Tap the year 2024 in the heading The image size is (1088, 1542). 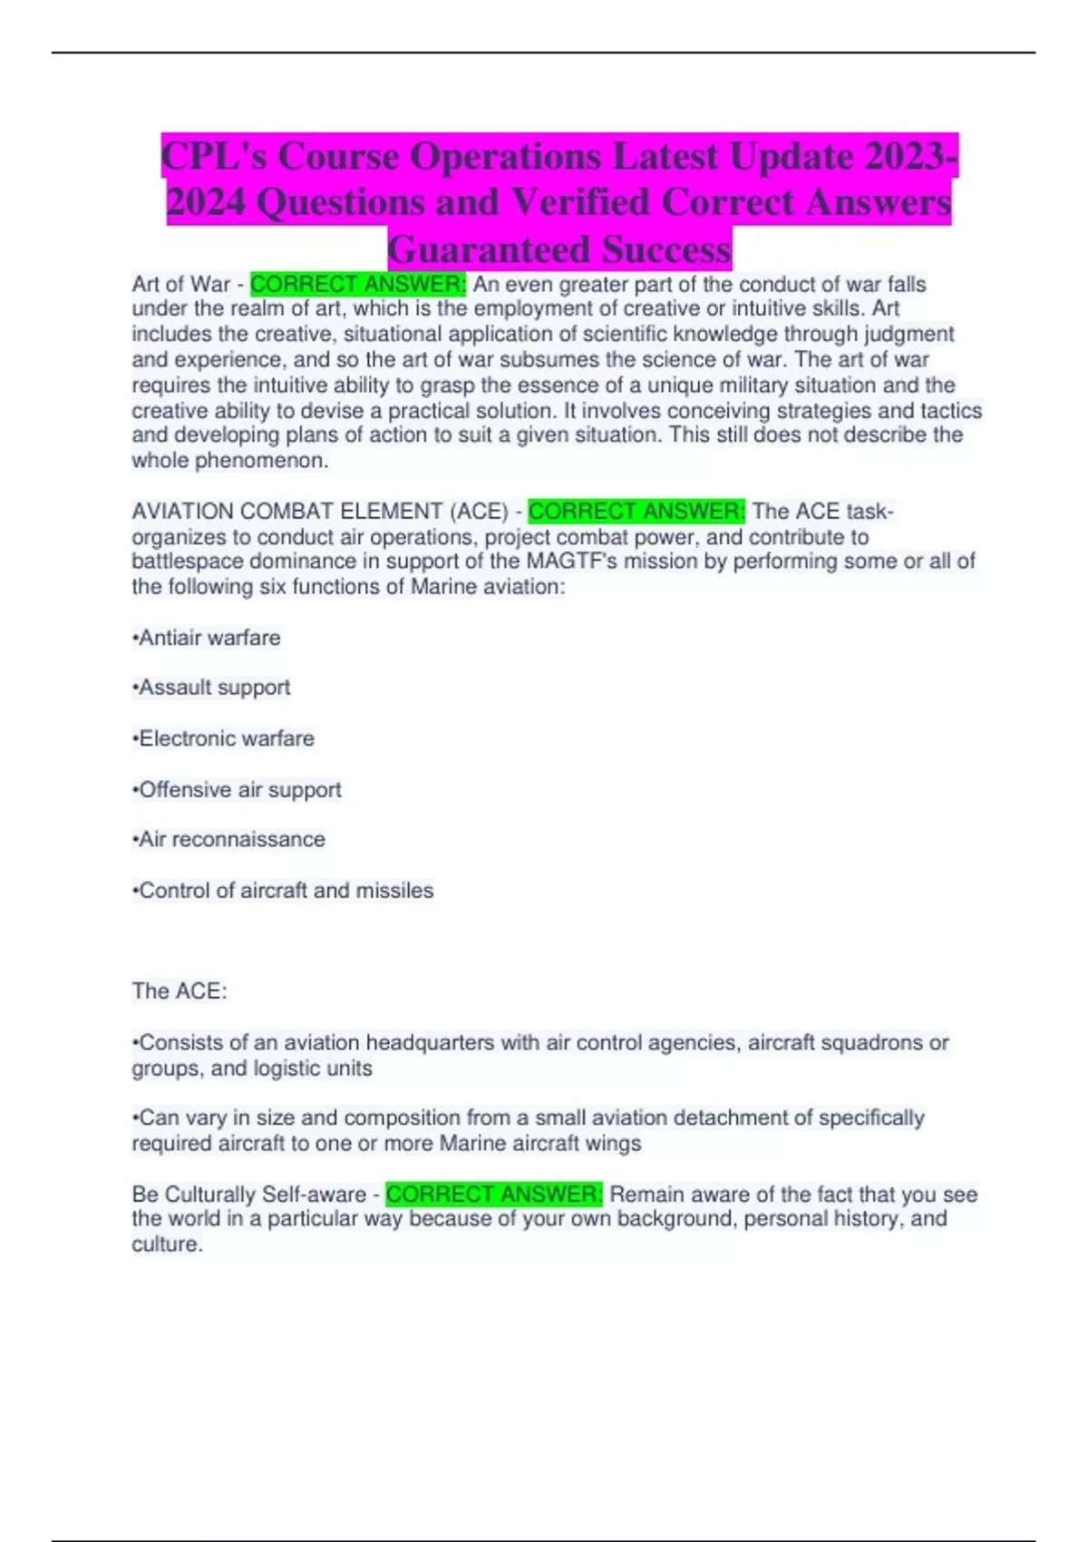tap(206, 202)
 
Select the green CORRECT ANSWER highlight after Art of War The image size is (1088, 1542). tap(358, 285)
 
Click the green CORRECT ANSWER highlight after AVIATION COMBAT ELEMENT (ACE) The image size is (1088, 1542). tap(636, 512)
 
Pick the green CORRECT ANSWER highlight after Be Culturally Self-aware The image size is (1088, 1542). tap(494, 1195)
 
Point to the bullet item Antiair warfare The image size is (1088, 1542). tap(207, 639)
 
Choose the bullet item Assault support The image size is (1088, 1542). tap(211, 688)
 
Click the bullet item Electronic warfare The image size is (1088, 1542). tap(224, 738)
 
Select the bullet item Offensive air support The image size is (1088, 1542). tap(237, 790)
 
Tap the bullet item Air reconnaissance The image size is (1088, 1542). tap(228, 840)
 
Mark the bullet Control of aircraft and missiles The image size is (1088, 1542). tap(283, 891)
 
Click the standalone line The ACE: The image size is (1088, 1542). tap(180, 991)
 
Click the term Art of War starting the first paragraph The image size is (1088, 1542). tap(181, 285)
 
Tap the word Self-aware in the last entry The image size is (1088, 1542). tap(316, 1195)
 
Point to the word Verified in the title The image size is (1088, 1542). tap(580, 202)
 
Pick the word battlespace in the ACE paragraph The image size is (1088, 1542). tap(187, 561)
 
